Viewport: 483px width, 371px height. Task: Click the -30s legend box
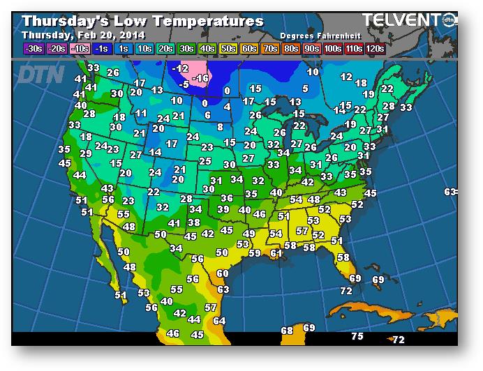pos(33,48)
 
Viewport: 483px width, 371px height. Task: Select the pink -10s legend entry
pos(80,48)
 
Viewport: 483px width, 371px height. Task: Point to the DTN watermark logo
pos(40,74)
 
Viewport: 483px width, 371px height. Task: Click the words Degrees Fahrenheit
pos(315,35)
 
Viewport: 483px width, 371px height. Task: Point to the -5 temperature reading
pos(184,84)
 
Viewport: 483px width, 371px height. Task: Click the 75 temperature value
pos(357,337)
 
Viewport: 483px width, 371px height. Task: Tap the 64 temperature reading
pos(219,321)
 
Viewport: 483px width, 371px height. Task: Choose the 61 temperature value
pos(276,253)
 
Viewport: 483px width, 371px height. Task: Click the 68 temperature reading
pos(287,330)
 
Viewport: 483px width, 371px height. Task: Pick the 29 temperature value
pos(86,153)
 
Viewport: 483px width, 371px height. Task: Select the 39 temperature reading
pos(223,209)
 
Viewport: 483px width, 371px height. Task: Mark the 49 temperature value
pos(248,234)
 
